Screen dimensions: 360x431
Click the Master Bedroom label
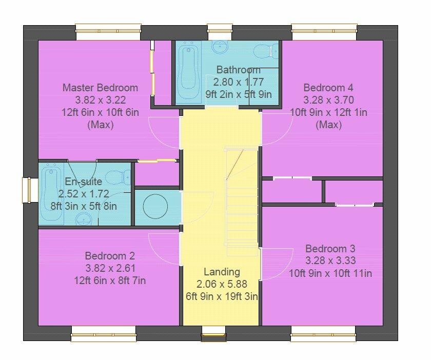point(100,88)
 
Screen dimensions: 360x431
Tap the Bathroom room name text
point(238,70)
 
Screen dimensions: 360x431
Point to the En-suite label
point(83,182)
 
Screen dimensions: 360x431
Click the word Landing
point(222,272)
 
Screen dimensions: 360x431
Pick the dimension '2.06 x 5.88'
point(222,284)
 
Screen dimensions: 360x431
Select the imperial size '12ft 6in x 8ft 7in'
point(110,281)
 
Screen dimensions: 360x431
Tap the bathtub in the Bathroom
point(188,73)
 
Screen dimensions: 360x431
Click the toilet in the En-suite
point(122,177)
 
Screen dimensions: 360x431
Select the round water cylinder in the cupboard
point(155,207)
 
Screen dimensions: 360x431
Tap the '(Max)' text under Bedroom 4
point(328,125)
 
